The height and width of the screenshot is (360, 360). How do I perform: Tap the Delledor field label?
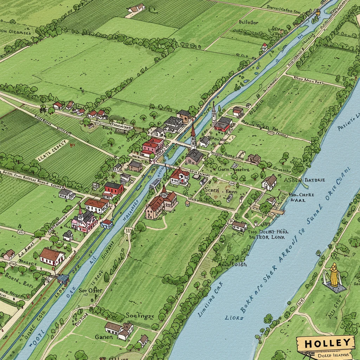click(249, 22)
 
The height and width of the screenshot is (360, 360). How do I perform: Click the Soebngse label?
click(140, 316)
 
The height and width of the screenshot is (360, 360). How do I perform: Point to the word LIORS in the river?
click(234, 317)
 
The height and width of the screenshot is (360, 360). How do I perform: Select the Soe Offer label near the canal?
click(90, 290)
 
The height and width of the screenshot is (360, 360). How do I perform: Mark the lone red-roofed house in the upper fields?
click(264, 46)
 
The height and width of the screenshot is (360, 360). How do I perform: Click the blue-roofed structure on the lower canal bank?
click(63, 279)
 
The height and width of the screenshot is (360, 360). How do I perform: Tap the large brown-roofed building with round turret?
click(160, 204)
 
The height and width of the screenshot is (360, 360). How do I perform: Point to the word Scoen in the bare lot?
click(212, 190)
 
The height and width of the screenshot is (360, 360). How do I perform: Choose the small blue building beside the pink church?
click(107, 224)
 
